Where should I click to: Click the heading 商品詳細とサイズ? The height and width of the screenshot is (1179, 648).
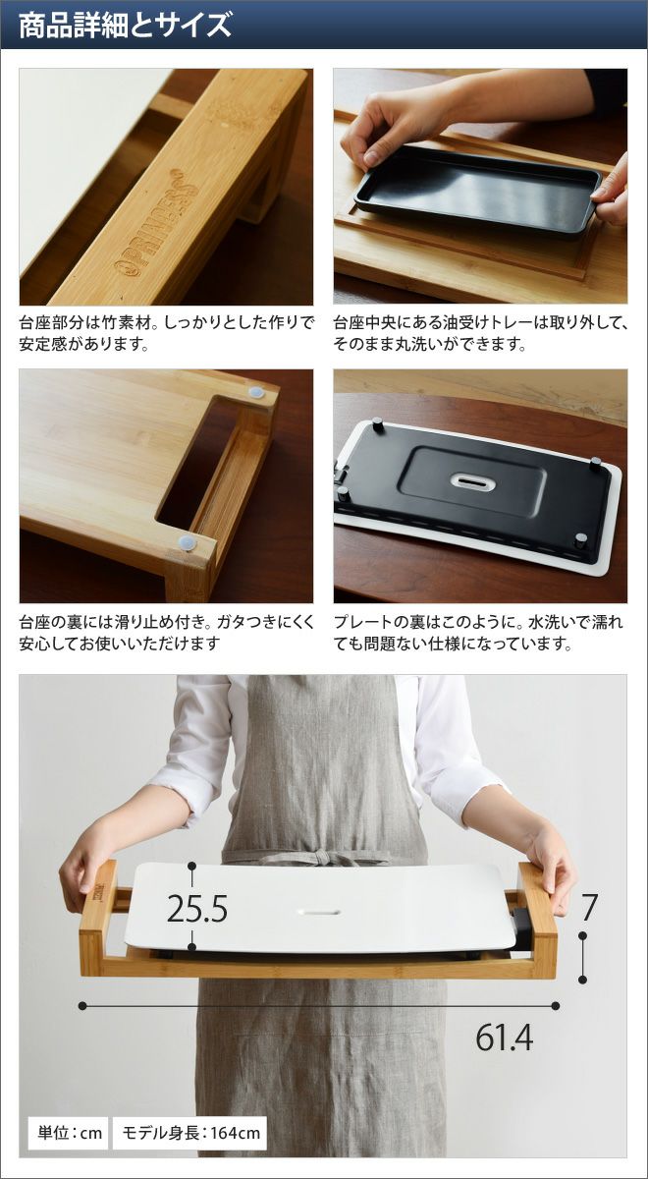point(125,26)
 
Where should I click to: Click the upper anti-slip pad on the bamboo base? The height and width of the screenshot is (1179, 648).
point(256,393)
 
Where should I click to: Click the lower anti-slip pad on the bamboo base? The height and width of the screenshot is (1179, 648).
point(187,542)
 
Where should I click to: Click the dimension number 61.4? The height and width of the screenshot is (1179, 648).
point(505,1037)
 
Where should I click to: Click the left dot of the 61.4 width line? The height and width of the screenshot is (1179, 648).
point(82,1006)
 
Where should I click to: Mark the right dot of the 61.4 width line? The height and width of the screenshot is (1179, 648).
point(556,1006)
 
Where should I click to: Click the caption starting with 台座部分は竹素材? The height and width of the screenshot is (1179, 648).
point(167,333)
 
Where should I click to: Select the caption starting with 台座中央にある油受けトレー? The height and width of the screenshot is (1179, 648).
point(480,333)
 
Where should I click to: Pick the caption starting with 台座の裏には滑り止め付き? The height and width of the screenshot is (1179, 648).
point(167,632)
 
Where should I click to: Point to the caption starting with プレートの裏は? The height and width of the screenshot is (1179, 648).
point(479,632)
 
